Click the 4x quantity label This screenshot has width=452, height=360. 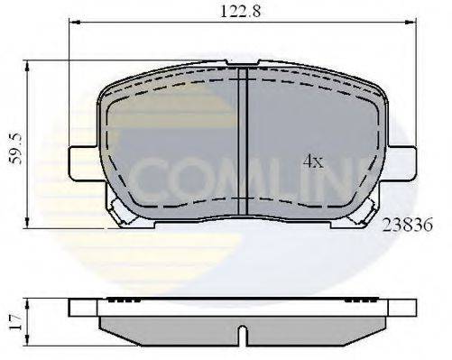tap(312, 162)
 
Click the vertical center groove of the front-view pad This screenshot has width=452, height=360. tap(246, 144)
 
